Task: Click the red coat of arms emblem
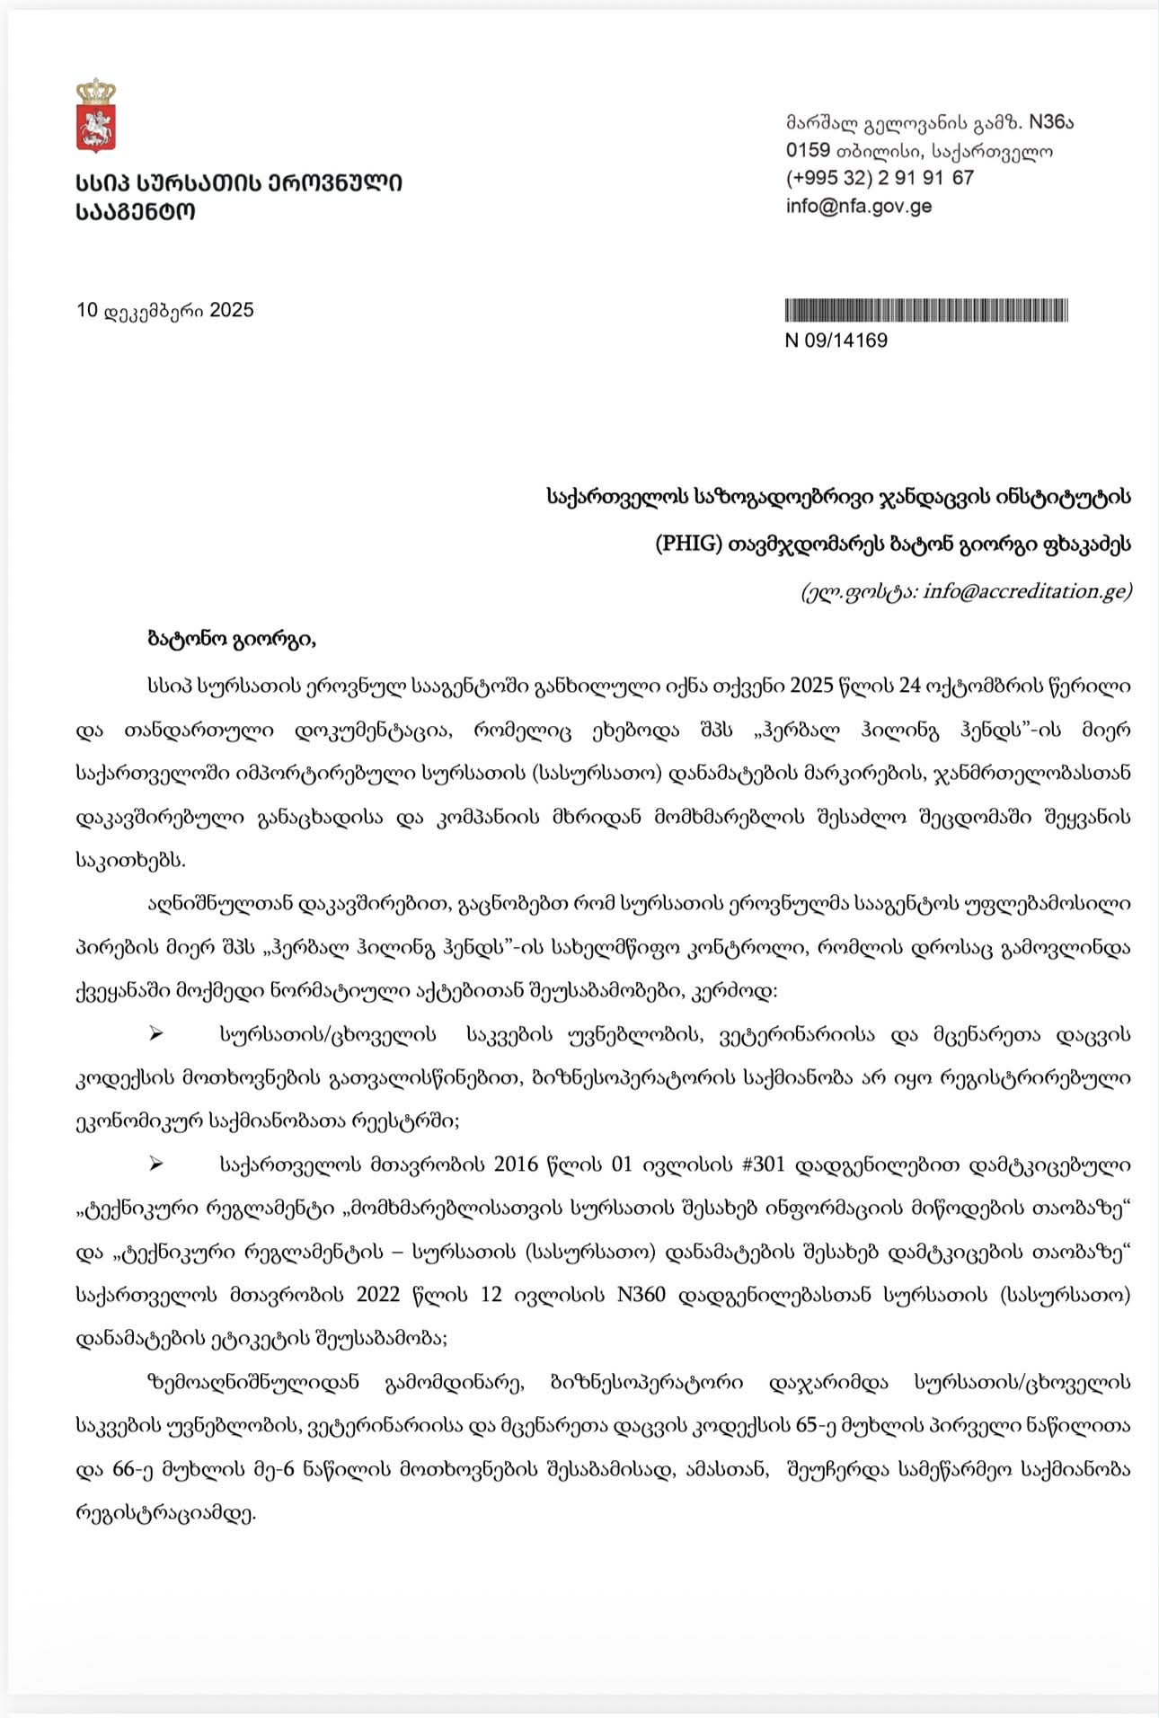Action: [95, 128]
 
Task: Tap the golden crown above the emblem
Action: [95, 91]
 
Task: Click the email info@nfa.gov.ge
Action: [858, 206]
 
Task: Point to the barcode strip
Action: [926, 311]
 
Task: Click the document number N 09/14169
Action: [836, 341]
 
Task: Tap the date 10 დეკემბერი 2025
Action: [165, 311]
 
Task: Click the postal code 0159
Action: [808, 150]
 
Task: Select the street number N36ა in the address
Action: [1050, 122]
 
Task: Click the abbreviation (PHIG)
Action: [689, 544]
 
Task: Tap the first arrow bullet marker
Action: [156, 1034]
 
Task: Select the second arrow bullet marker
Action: [156, 1165]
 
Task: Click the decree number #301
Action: [764, 1165]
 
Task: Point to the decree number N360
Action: [641, 1296]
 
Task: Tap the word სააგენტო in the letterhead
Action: [135, 212]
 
